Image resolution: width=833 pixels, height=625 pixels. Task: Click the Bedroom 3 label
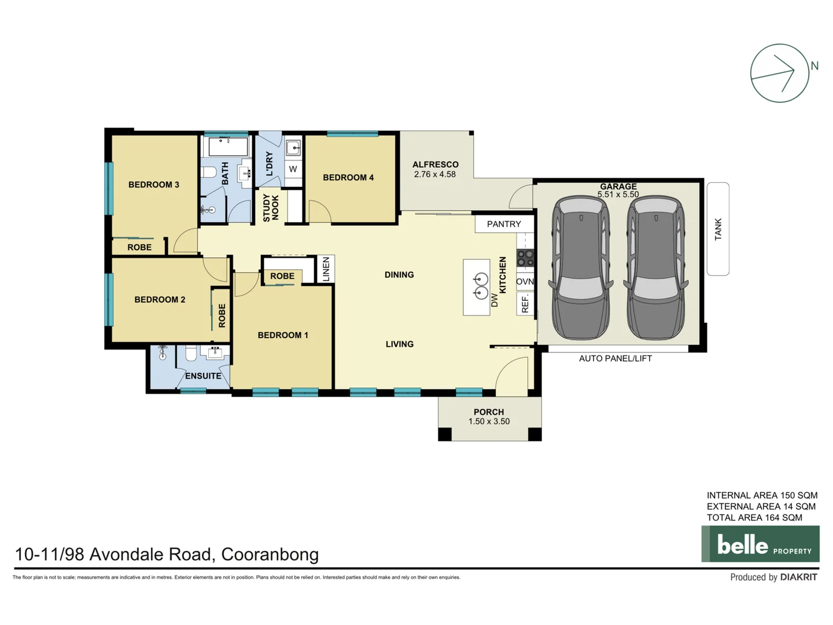pos(153,185)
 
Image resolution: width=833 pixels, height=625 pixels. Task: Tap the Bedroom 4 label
pos(348,178)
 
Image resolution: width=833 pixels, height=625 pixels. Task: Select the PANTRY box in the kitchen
pos(504,224)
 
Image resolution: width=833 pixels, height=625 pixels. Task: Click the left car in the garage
pos(581,268)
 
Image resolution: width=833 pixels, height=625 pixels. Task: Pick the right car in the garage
pos(655,268)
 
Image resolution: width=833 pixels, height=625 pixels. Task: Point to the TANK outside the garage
pos(718,229)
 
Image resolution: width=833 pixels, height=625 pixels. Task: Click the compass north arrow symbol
pos(779,73)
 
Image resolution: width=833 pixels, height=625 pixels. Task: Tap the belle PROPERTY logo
pos(760,544)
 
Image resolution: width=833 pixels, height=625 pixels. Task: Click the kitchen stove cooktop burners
pos(525,258)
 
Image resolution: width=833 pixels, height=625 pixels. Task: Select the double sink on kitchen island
pos(481,286)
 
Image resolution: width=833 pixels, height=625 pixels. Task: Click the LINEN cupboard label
pos(326,269)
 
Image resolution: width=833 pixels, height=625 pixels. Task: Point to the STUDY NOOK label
pos(271,208)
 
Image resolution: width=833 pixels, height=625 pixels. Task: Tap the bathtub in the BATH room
pos(228,146)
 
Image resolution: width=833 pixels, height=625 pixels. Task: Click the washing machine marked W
pos(293,169)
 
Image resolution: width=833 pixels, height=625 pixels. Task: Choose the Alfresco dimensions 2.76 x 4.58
pos(435,174)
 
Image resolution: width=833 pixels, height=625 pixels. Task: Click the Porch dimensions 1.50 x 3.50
pos(489,421)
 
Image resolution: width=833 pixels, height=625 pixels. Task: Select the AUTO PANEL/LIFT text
pos(615,359)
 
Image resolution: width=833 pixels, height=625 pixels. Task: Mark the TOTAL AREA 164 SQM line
pos(754,518)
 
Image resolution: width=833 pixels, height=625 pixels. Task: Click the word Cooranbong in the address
pos(270,554)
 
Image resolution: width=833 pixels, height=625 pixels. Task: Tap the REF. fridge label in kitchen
pos(525,304)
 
